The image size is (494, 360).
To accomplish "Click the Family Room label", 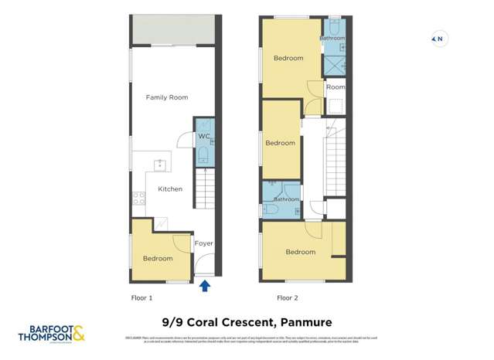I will pyautogui.click(x=167, y=97).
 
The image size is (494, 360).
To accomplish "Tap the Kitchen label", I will pyautogui.click(x=170, y=188).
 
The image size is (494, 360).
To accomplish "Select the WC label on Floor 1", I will pyautogui.click(x=203, y=137).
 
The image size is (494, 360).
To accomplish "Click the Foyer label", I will pyautogui.click(x=203, y=243).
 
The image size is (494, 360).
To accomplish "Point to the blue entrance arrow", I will pyautogui.click(x=205, y=287).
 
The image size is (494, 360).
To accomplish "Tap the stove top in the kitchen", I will pyautogui.click(x=138, y=198).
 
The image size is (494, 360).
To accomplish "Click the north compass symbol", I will pyautogui.click(x=438, y=39).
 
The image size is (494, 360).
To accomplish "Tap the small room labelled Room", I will pyautogui.click(x=335, y=88).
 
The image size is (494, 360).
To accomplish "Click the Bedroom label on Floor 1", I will pyautogui.click(x=158, y=259).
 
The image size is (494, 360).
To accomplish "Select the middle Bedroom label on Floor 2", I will pyautogui.click(x=280, y=143).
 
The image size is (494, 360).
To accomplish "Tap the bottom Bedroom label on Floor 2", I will pyautogui.click(x=300, y=252).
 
